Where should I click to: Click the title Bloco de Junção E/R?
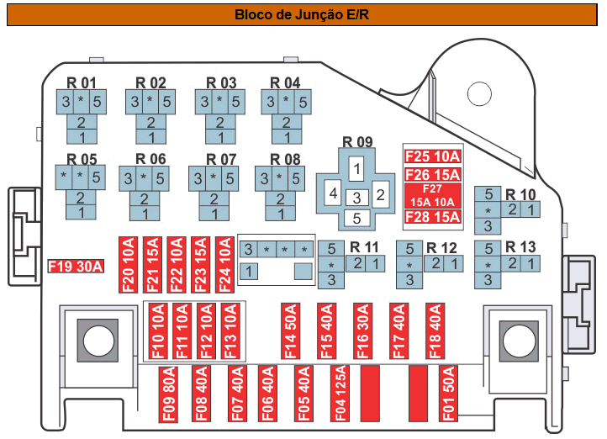click(x=303, y=14)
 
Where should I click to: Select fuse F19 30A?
click(x=76, y=267)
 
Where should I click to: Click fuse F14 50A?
click(x=290, y=331)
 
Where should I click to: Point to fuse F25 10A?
click(x=433, y=156)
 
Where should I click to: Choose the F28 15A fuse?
click(x=433, y=218)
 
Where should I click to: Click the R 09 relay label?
click(x=356, y=141)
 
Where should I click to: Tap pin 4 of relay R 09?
click(x=334, y=195)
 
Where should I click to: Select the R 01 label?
click(x=82, y=83)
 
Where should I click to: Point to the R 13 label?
click(x=520, y=247)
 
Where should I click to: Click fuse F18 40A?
click(x=435, y=331)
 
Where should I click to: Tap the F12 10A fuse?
click(x=205, y=331)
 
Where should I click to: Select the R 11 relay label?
click(x=365, y=247)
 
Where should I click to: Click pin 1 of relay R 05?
click(x=82, y=213)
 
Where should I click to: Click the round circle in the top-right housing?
click(x=479, y=95)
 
